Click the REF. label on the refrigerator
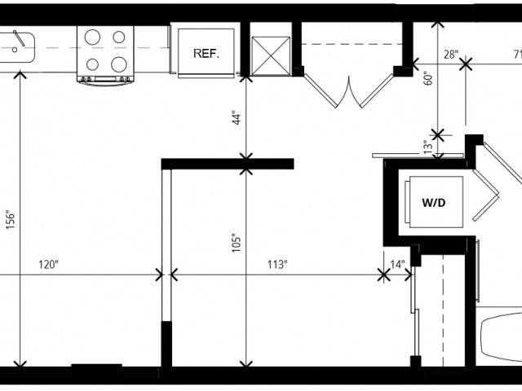[206, 54]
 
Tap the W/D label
[434, 203]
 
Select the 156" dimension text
[11, 219]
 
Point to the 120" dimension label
[49, 265]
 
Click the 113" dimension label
[277, 265]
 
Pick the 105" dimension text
[236, 244]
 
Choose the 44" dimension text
[236, 117]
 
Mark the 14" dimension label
[397, 265]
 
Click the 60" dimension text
[429, 78]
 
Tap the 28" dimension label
[451, 55]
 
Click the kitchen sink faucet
[19, 38]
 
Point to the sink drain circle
[15, 50]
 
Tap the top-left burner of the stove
[92, 37]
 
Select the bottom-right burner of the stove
[119, 64]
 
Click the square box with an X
[271, 56]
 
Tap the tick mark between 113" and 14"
[384, 275]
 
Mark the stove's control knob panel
[105, 79]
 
